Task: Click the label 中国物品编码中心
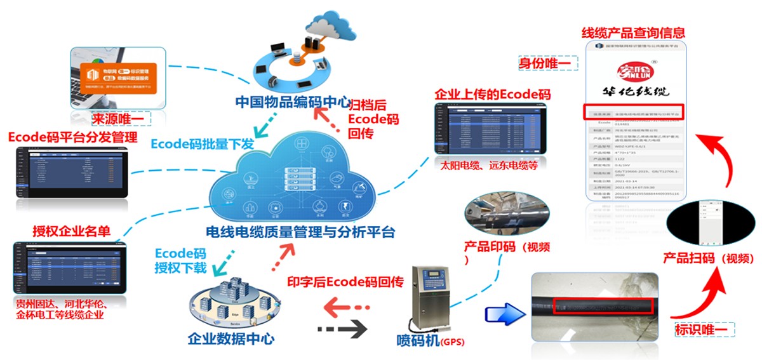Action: (x=293, y=102)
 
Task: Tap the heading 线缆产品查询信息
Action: (x=633, y=32)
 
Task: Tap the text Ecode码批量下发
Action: (x=203, y=143)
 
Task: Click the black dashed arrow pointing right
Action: (x=343, y=329)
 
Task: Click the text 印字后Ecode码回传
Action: (x=345, y=283)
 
